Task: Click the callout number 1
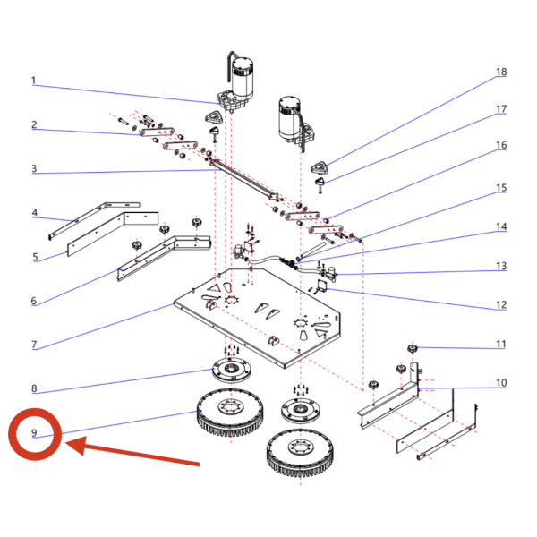(34, 81)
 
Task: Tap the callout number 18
(501, 72)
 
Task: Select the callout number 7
(34, 345)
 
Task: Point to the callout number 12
(501, 305)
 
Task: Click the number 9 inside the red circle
(34, 433)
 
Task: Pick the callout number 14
(501, 226)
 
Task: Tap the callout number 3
(34, 168)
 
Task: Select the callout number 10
(501, 383)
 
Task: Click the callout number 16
(501, 145)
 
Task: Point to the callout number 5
(35, 257)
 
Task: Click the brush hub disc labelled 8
(232, 370)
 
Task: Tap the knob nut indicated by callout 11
(413, 349)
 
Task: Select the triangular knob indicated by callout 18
(320, 167)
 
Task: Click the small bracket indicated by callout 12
(322, 286)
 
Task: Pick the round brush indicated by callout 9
(231, 413)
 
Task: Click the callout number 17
(501, 109)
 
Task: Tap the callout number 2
(34, 124)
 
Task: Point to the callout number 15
(501, 188)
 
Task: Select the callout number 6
(34, 301)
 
